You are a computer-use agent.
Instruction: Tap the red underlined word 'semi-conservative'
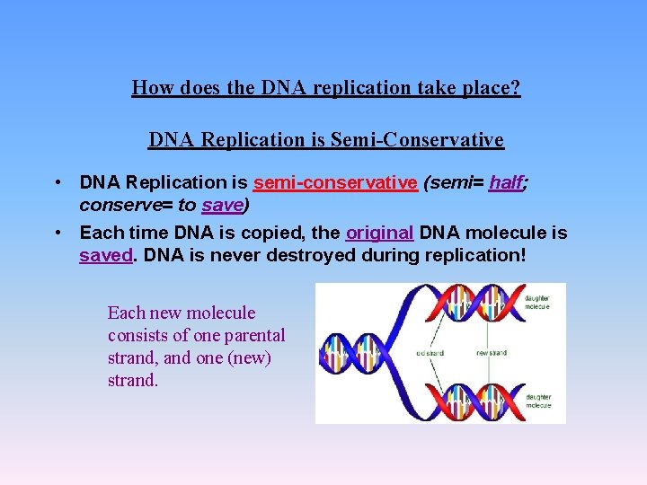coord(335,182)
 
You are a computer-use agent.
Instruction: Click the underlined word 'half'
coord(506,182)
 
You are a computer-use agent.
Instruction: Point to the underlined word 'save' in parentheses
coord(222,205)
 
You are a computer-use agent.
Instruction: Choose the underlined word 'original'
coord(379,234)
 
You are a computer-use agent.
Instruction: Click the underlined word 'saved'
coord(106,255)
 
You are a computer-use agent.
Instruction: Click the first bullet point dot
coord(57,182)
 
